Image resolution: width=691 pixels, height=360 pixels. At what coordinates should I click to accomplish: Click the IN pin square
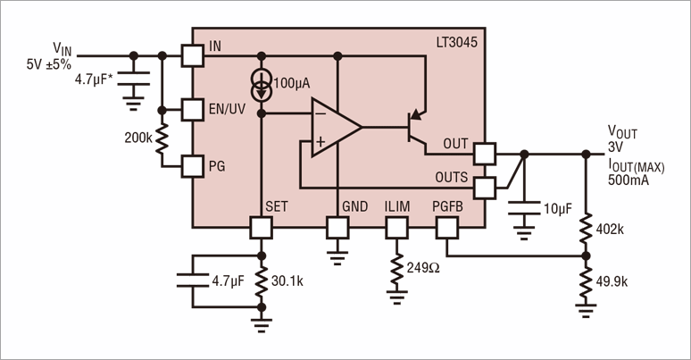tap(192, 55)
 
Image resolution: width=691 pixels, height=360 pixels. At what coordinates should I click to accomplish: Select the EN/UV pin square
tap(192, 110)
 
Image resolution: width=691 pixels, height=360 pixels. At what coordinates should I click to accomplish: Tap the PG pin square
tap(192, 165)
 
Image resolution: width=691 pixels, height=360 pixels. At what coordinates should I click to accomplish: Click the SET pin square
tap(262, 227)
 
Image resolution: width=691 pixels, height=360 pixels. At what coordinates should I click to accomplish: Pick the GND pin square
tap(337, 227)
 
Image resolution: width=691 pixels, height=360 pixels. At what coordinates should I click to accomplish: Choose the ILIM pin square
tap(395, 227)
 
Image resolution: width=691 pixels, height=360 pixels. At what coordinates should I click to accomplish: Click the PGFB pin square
tap(447, 227)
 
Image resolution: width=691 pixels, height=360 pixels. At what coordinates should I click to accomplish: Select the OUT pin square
tap(484, 154)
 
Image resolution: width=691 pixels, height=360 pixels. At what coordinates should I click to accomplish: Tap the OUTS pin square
tap(484, 188)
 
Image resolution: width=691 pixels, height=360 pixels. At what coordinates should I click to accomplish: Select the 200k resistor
tap(162, 139)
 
